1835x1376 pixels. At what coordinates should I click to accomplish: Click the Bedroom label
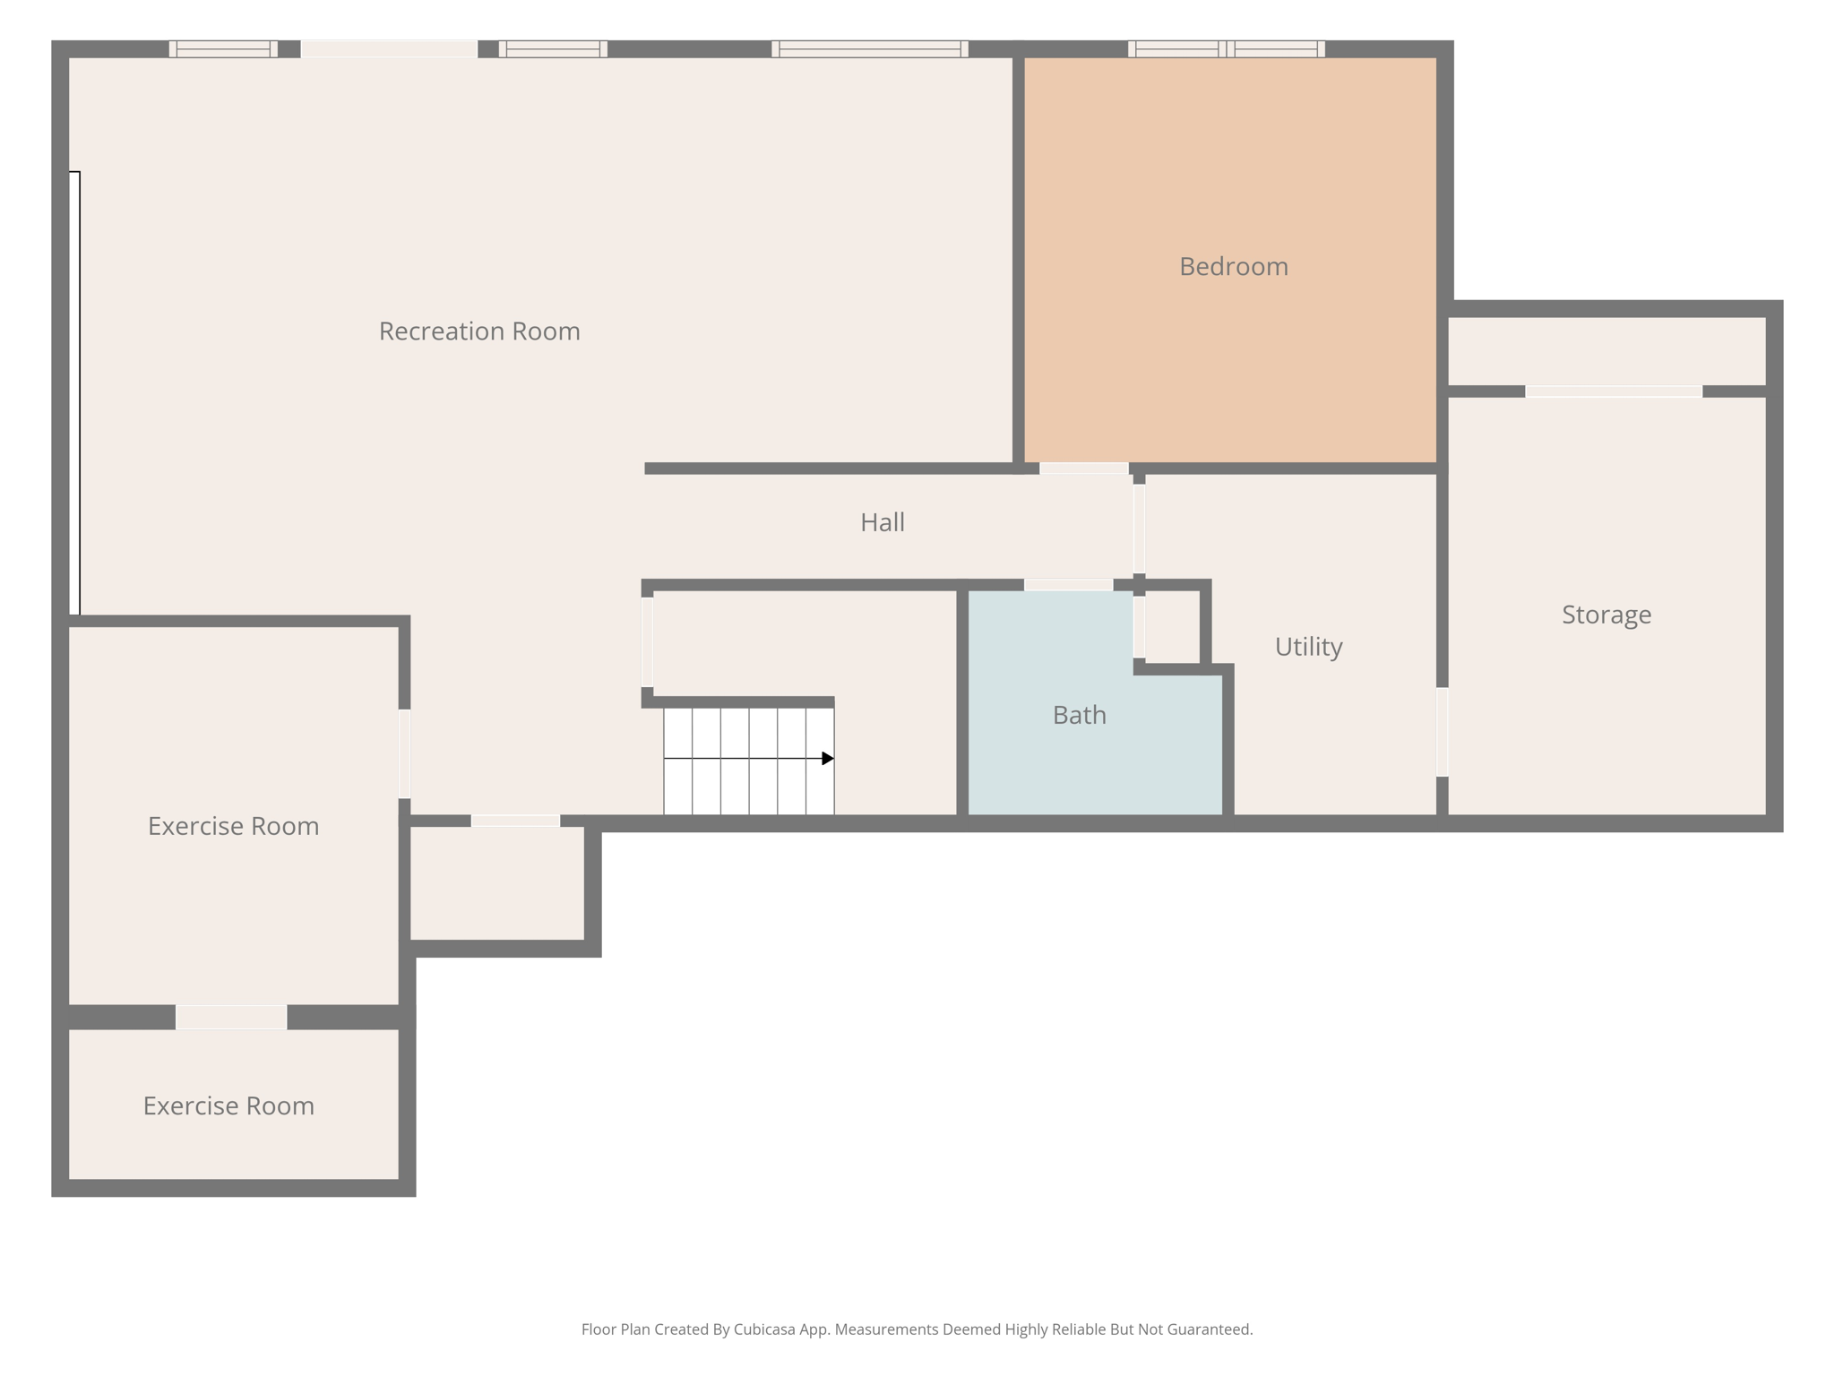click(x=1233, y=266)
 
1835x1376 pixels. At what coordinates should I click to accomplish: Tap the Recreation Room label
click(x=479, y=331)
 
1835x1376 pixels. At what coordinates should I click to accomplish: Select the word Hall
click(x=882, y=522)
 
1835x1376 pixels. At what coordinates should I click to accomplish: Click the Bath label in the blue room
click(x=1079, y=715)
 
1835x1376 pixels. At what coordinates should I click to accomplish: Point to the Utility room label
click(x=1308, y=646)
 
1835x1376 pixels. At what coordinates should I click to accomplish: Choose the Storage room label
click(x=1606, y=615)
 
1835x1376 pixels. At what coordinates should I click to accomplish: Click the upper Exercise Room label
click(x=233, y=826)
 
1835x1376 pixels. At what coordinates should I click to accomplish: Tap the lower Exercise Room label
click(x=228, y=1105)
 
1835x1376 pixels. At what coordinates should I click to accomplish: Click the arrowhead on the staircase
click(x=828, y=759)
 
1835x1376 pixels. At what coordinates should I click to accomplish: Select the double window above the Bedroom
click(x=1226, y=49)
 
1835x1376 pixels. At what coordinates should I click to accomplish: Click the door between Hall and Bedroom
click(x=1083, y=469)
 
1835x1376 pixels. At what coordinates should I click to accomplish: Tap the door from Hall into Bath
click(x=1068, y=585)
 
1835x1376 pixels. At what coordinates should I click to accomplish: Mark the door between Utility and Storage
click(x=1442, y=731)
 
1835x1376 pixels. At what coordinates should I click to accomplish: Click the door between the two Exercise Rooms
click(x=231, y=1017)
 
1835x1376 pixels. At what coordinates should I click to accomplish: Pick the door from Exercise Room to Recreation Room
click(x=404, y=752)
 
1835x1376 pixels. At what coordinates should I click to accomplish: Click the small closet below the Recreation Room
click(x=497, y=882)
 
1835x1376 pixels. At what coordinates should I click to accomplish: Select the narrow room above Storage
click(x=1606, y=351)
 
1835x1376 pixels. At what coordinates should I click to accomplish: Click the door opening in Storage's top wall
click(x=1613, y=391)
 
